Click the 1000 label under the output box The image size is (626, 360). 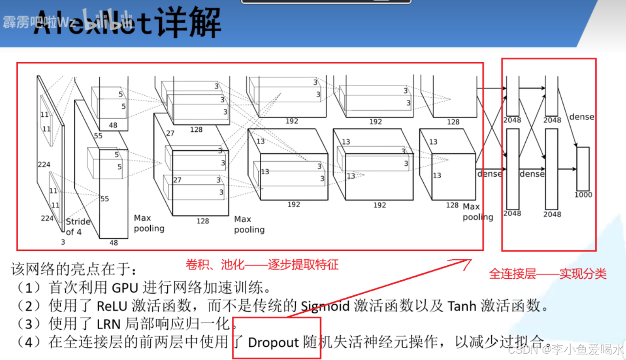[583, 195]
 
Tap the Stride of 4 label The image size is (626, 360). [78, 227]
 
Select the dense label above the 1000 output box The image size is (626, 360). [582, 117]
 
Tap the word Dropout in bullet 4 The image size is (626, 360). [273, 342]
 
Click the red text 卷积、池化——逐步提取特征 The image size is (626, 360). [262, 265]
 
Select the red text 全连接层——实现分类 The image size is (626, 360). [548, 274]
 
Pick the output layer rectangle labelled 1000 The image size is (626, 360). [583, 168]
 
